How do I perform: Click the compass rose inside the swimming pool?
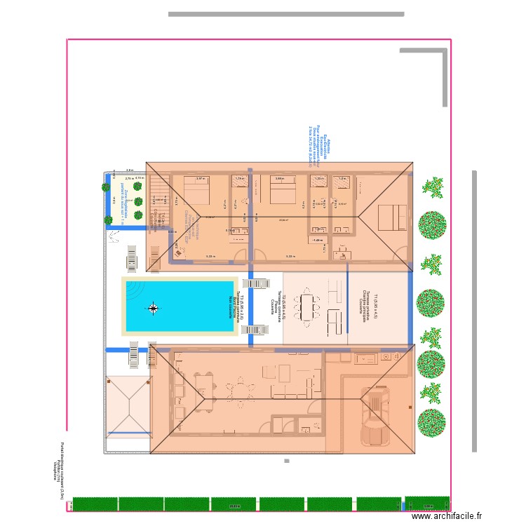tap(154, 306)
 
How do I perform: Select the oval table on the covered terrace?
tap(309, 306)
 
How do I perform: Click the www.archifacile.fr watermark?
tap(447, 515)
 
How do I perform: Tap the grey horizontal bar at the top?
tap(286, 13)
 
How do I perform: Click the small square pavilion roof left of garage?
tap(128, 407)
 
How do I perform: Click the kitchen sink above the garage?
tap(365, 358)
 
